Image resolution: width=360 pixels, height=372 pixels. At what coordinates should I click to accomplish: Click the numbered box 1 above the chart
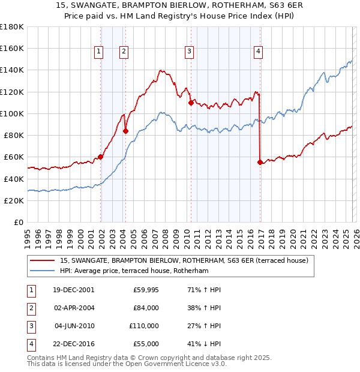click(98, 52)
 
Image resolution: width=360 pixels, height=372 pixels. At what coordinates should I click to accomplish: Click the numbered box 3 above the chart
click(189, 52)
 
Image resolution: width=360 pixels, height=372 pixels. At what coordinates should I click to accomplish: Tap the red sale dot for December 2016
click(260, 162)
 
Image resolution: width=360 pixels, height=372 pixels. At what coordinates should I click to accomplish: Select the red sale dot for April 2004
click(125, 131)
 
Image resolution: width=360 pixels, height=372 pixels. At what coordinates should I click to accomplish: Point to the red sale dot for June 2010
click(191, 103)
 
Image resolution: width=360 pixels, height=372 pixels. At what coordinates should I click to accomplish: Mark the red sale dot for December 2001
click(101, 157)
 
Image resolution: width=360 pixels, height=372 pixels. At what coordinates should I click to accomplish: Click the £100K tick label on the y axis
click(12, 113)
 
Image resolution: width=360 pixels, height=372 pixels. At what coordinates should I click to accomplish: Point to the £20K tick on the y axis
click(13, 200)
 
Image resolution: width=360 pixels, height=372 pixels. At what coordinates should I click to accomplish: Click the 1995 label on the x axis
click(27, 234)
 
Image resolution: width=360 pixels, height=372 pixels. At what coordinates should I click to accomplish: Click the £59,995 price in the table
click(146, 290)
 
